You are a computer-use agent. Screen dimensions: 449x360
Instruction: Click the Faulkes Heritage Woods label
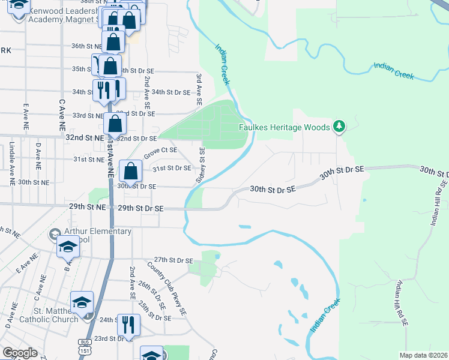[285, 127]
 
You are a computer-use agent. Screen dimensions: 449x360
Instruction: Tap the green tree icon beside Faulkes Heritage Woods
[340, 126]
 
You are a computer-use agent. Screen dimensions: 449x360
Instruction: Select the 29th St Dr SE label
[140, 208]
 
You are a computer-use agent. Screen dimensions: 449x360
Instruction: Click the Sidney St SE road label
[202, 166]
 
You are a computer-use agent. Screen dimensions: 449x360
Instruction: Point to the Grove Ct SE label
[160, 150]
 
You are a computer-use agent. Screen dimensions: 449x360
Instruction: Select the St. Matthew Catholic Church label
[56, 315]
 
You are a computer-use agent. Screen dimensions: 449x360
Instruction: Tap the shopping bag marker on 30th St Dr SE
[130, 171]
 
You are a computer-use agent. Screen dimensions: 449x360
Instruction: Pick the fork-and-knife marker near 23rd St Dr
[128, 325]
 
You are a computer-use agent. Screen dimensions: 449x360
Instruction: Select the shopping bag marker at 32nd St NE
[115, 124]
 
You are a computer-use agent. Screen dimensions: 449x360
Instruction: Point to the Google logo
[20, 353]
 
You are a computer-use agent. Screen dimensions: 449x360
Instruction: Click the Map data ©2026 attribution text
[423, 355]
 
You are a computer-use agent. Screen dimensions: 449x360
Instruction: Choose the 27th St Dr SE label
[173, 260]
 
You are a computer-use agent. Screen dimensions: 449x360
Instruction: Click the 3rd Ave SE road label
[198, 89]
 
